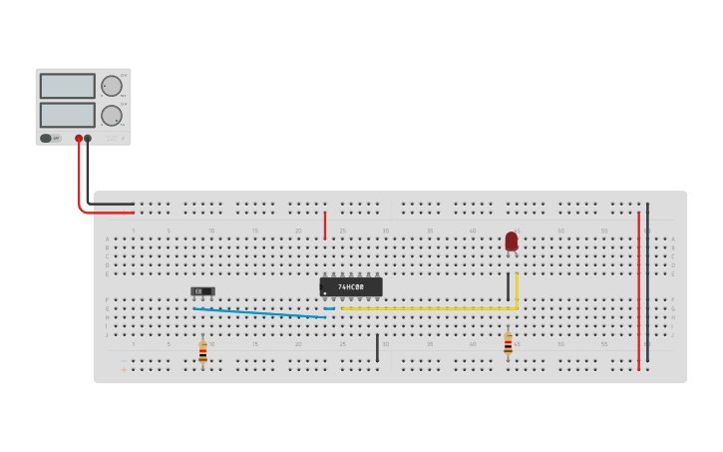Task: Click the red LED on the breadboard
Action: pos(512,241)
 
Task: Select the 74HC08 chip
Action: pos(351,287)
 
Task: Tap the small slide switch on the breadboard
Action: pos(203,291)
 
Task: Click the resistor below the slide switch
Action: pos(203,351)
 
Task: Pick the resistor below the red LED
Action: pos(508,344)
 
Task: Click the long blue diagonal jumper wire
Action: pos(259,313)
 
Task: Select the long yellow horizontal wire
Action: pos(429,308)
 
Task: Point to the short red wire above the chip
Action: pos(324,226)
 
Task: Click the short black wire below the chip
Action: pos(377,347)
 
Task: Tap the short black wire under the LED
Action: pos(508,287)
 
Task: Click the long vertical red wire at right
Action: pos(638,289)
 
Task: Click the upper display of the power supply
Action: pos(68,86)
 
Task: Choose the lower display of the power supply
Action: pos(68,115)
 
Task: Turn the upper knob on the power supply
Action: pos(111,86)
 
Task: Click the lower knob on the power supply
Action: pos(111,115)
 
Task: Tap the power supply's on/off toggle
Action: pos(46,139)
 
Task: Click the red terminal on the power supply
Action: pos(79,139)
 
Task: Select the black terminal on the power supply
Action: pos(88,139)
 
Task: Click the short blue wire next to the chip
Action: pos(329,309)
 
